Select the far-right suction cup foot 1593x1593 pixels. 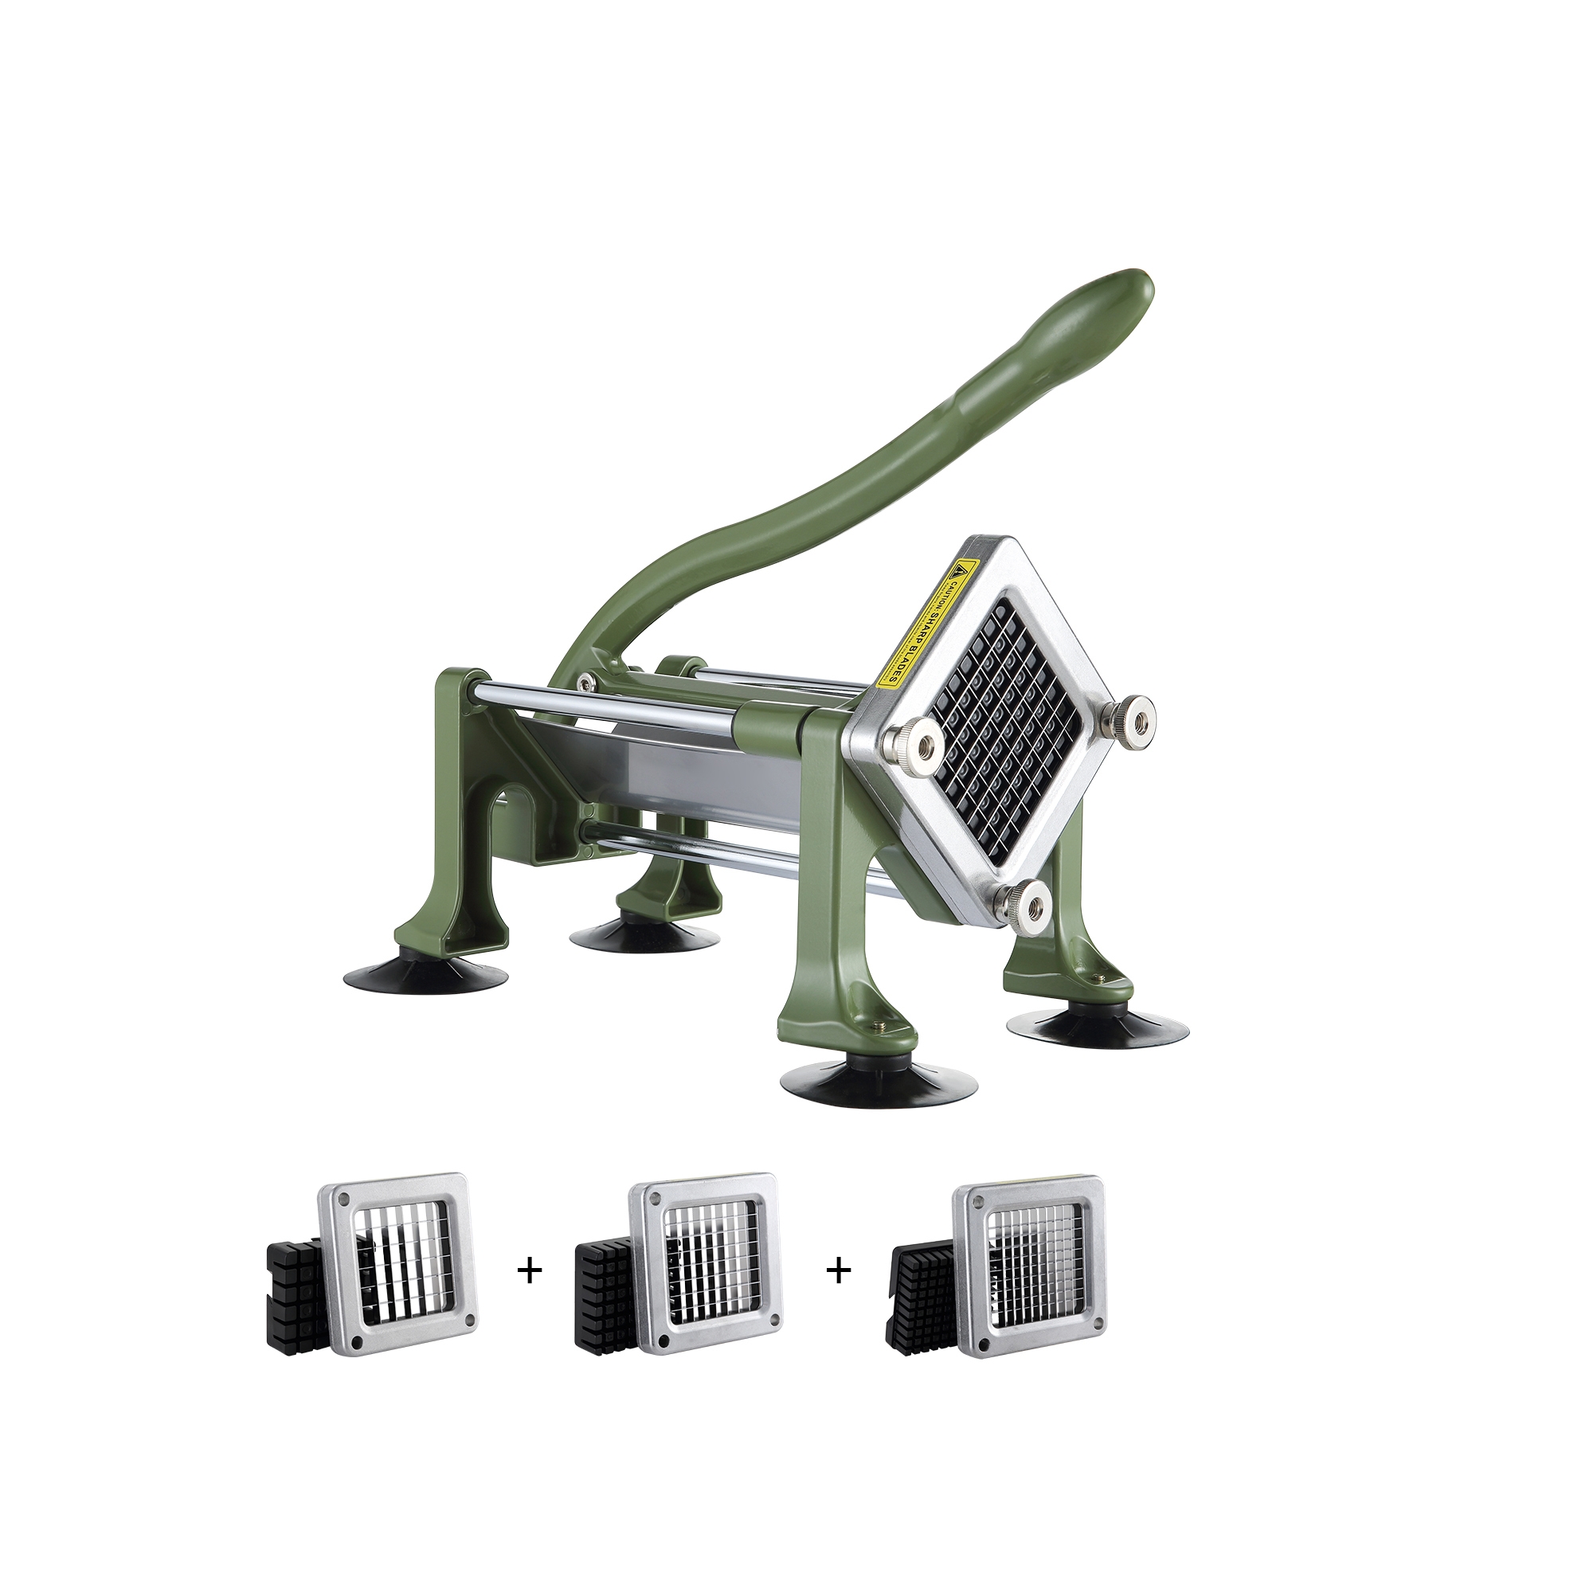pos(1097,1028)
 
